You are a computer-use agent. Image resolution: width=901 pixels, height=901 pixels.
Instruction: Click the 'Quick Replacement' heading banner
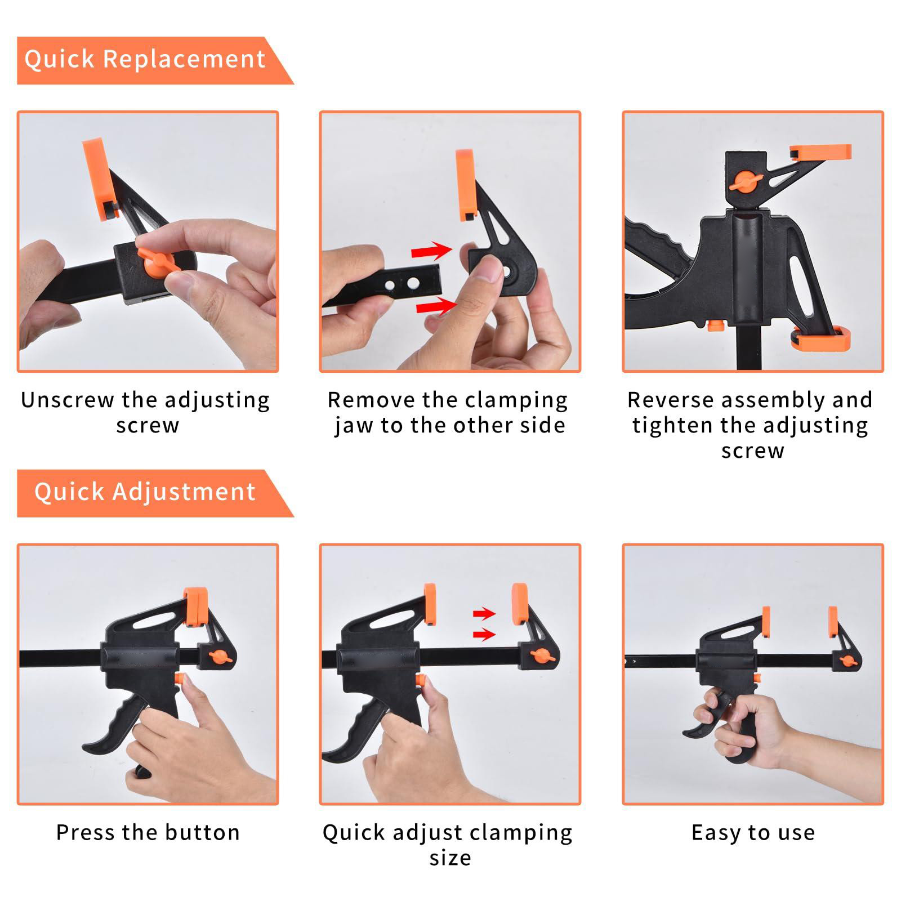[x=155, y=60]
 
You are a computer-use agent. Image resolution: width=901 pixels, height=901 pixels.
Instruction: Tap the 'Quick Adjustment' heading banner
[x=155, y=493]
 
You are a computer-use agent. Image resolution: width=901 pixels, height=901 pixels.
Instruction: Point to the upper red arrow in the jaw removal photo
[x=432, y=251]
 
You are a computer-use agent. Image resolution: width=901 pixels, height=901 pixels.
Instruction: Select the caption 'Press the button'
[x=148, y=832]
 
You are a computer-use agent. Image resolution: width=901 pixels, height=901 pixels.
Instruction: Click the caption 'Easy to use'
[x=753, y=832]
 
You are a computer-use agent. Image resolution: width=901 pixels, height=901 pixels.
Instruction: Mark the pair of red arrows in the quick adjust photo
[x=484, y=625]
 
